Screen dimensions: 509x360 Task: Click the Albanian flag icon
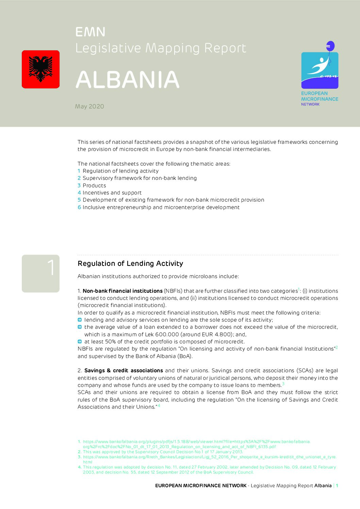40,69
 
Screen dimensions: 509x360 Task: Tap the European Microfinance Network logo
320,73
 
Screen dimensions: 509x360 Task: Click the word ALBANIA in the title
128,80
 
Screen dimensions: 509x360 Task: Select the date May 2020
89,106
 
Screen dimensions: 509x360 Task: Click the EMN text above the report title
91,32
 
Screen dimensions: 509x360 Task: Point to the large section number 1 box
40,273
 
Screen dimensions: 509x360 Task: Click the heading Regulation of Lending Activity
130,264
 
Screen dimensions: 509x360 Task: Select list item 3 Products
92,186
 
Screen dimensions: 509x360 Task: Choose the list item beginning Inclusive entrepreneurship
159,207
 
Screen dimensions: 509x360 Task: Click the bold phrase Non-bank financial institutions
122,291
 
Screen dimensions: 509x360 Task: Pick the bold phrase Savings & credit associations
124,371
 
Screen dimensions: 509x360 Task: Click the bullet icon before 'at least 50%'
80,341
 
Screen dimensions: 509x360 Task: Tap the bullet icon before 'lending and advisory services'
80,320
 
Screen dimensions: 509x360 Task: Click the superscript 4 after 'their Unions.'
159,406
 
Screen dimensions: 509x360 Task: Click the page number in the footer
337,486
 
